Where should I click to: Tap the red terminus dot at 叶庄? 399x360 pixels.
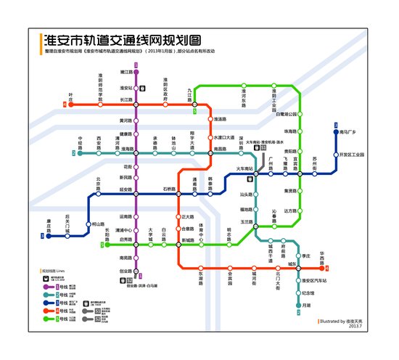[x=71, y=105]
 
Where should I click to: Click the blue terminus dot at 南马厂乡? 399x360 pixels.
[x=337, y=132]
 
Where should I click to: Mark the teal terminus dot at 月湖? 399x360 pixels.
[x=298, y=305]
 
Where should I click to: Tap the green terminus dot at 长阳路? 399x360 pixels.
[x=107, y=245]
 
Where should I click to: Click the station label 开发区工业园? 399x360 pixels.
[x=353, y=155]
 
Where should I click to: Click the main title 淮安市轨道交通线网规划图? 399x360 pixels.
[x=122, y=40]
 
